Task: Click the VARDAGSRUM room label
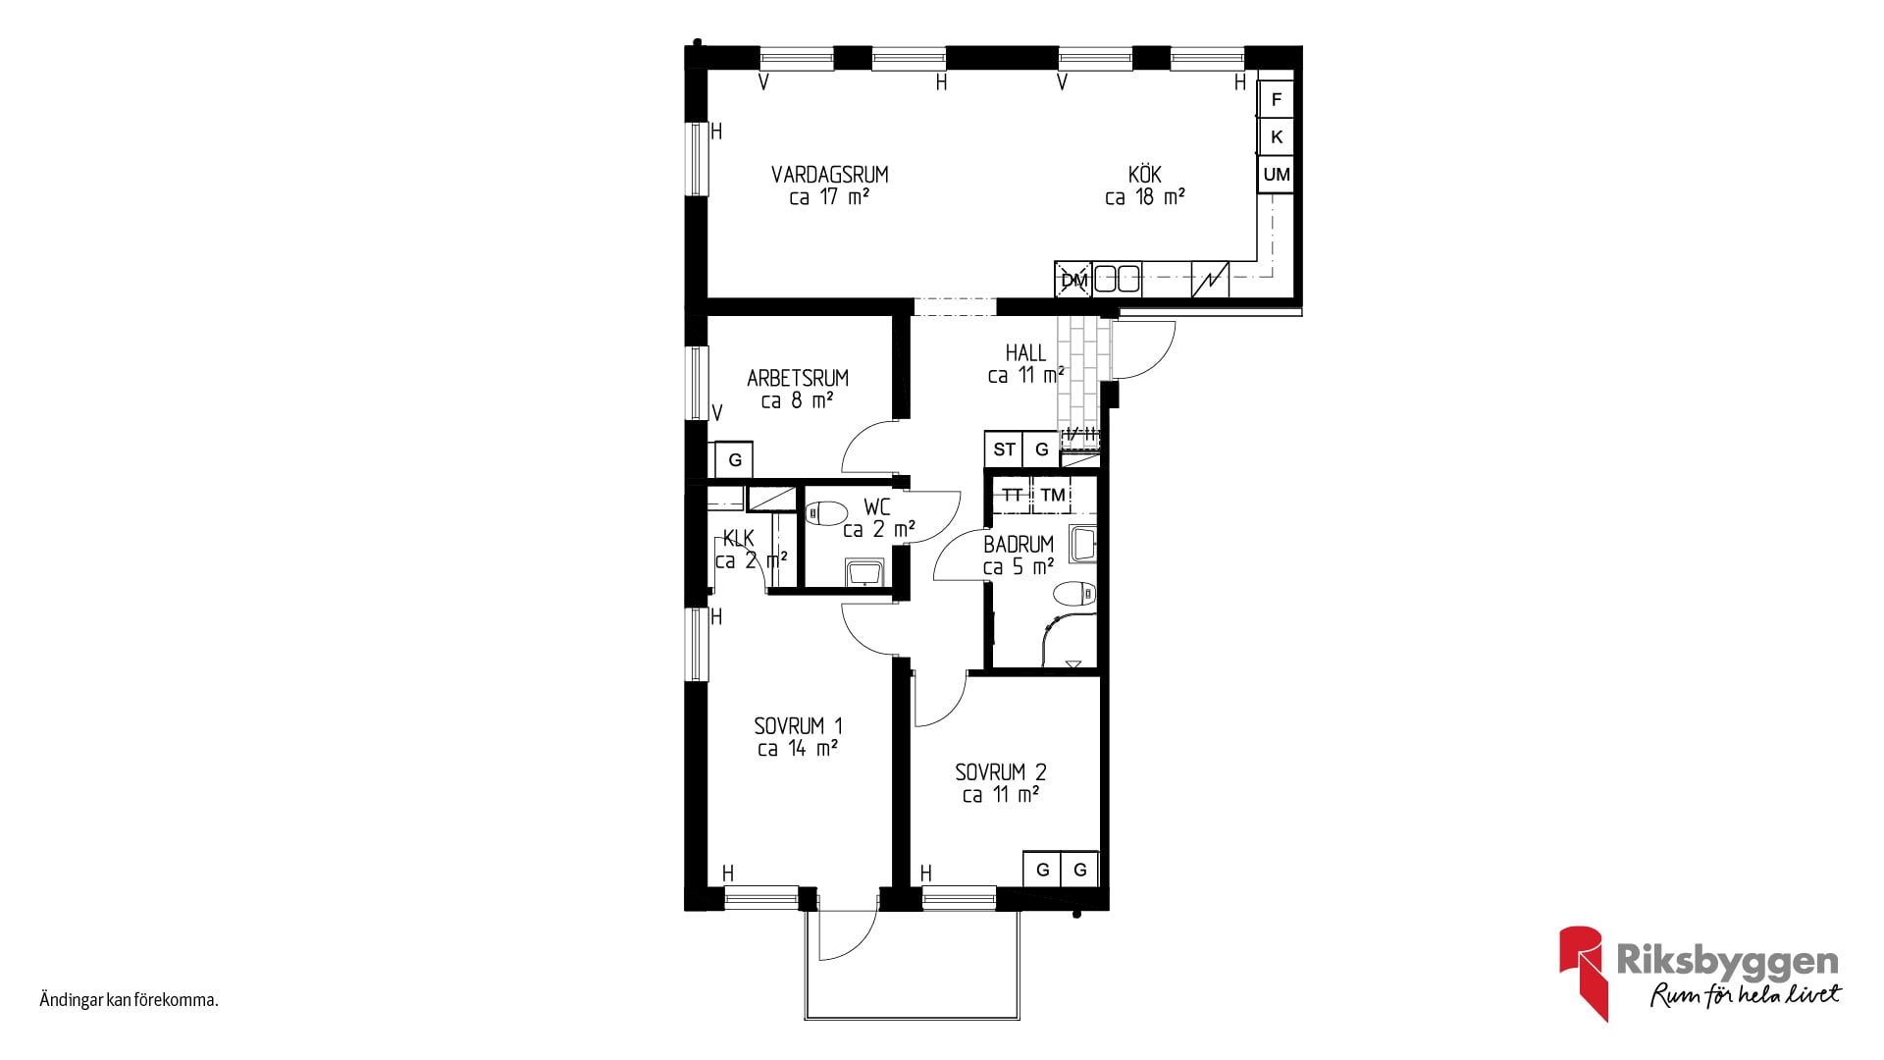click(x=829, y=175)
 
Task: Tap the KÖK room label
click(x=1144, y=175)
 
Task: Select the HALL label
click(x=1025, y=352)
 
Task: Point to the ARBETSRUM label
click(x=798, y=378)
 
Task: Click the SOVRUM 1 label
click(x=798, y=726)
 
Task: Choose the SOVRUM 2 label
click(x=1001, y=772)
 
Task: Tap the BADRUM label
click(x=1019, y=544)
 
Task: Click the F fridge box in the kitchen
click(x=1276, y=99)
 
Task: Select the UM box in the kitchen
click(x=1276, y=175)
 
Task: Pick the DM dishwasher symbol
click(x=1073, y=280)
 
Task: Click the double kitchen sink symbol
click(x=1118, y=279)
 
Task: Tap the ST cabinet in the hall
click(x=1004, y=450)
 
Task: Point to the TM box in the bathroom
click(x=1053, y=495)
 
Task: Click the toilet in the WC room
click(x=827, y=512)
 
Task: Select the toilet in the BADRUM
click(x=1074, y=594)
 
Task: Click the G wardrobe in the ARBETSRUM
click(x=734, y=459)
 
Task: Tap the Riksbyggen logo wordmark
click(x=1727, y=961)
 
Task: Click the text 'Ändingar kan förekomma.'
click(x=129, y=1000)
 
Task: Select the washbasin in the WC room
click(x=864, y=573)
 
